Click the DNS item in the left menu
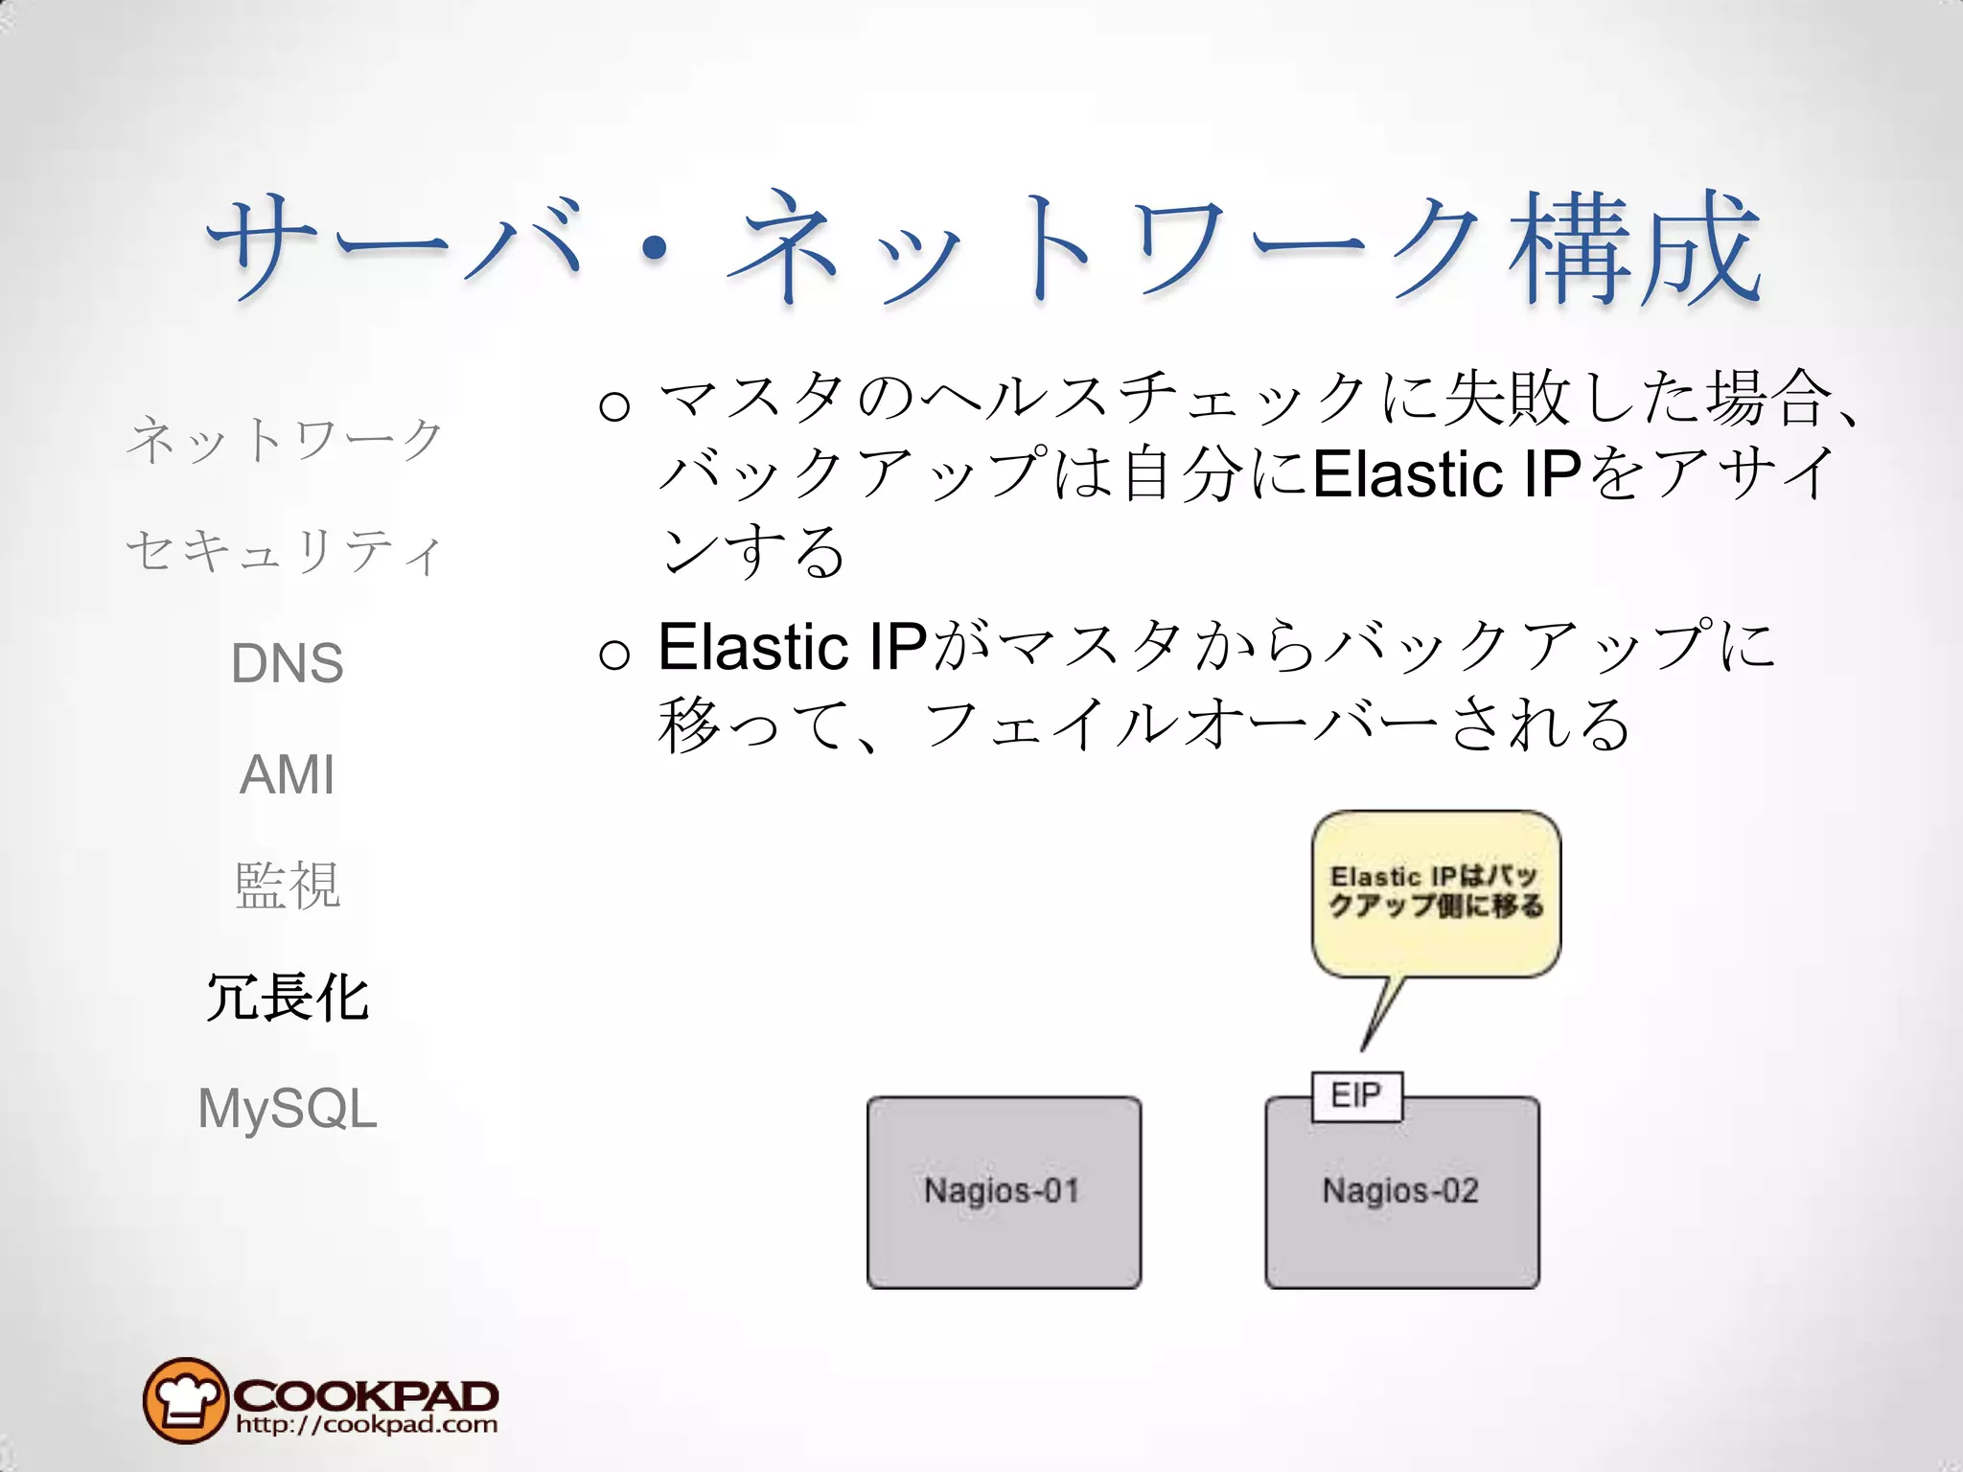pyautogui.click(x=287, y=663)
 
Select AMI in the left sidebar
pyautogui.click(x=287, y=774)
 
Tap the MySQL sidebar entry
pyautogui.click(x=287, y=1109)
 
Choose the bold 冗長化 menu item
pyautogui.click(x=287, y=998)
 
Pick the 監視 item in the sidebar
pyautogui.click(x=287, y=885)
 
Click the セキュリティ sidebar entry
pyautogui.click(x=285, y=552)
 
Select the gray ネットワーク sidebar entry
pyautogui.click(x=285, y=440)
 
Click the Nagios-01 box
pyautogui.click(x=1003, y=1191)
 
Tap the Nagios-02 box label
pyautogui.click(x=1400, y=1191)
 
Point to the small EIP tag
pyautogui.click(x=1355, y=1095)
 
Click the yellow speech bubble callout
pyautogui.click(x=1435, y=893)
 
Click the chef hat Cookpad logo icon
pyautogui.click(x=184, y=1400)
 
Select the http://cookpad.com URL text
pyautogui.click(x=366, y=1425)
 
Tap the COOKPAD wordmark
pyautogui.click(x=366, y=1394)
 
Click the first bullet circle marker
pyautogui.click(x=613, y=405)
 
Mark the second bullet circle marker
pyautogui.click(x=613, y=655)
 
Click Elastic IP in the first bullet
pyautogui.click(x=1445, y=474)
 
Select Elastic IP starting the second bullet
pyautogui.click(x=792, y=647)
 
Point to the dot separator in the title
pyautogui.click(x=655, y=249)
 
